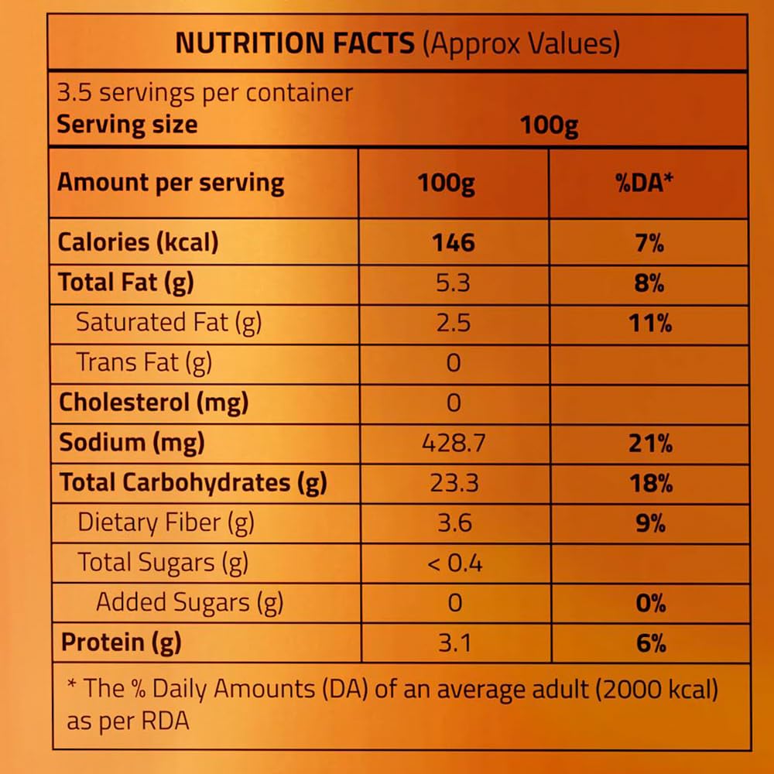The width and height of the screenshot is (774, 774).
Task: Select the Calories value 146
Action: pos(454,243)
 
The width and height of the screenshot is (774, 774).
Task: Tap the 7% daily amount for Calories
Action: pos(649,243)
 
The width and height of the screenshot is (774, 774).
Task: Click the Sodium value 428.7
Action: pos(454,444)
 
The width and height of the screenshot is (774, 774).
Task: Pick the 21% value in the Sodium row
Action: pos(649,444)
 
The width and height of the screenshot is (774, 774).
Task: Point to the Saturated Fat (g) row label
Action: pos(169,323)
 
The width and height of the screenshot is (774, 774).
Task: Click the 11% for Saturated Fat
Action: pos(649,323)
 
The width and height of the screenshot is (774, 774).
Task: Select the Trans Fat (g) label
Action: pos(144,363)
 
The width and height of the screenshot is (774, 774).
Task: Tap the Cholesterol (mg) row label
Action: pos(154,403)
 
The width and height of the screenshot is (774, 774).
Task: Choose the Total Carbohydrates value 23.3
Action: pos(454,484)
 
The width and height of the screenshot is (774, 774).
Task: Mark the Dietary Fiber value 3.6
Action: pos(454,524)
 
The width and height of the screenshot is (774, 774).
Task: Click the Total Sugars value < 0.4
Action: pos(454,563)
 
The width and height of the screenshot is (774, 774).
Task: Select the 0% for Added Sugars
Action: pos(650,604)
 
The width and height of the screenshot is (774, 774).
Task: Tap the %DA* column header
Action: pos(648,183)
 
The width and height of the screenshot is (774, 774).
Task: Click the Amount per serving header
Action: pos(171,183)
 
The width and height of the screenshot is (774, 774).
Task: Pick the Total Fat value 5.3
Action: pos(454,283)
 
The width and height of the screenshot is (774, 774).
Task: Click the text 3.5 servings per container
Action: pos(205,94)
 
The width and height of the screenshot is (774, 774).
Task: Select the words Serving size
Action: pos(128,125)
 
